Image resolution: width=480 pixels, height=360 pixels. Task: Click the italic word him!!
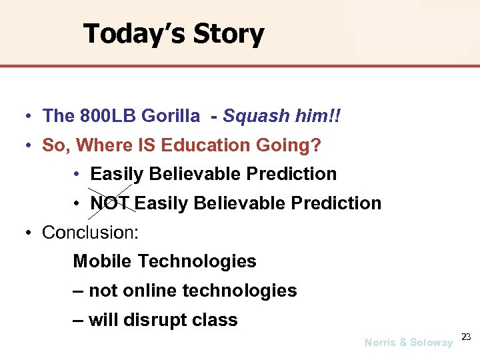[317, 116]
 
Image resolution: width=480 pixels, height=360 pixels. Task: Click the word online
[150, 291]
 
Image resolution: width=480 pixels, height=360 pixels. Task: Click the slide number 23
[467, 337]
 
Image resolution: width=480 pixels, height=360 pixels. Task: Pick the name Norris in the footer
[380, 343]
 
